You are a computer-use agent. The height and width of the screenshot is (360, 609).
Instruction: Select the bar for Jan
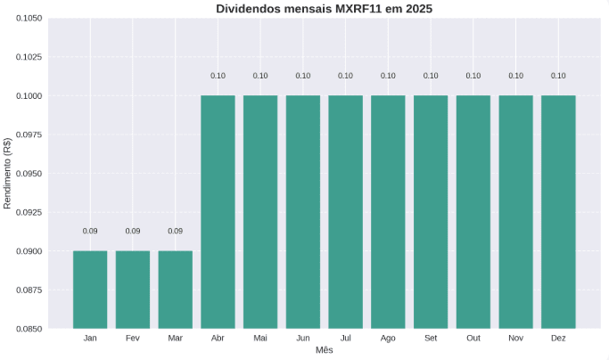tap(90, 290)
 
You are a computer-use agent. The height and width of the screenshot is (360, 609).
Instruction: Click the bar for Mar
tap(175, 290)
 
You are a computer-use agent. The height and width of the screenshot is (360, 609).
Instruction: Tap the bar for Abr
tap(218, 212)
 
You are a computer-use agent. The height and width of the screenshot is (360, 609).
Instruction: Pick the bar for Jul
tap(345, 212)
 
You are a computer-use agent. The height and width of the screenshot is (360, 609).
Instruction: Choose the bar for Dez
tap(558, 212)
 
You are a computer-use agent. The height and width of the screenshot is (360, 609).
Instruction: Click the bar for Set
tap(431, 212)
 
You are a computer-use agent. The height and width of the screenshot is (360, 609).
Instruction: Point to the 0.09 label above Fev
tap(133, 232)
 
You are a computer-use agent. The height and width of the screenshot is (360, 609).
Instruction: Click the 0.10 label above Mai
tap(260, 76)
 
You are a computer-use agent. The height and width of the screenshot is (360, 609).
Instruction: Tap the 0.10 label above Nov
tap(515, 76)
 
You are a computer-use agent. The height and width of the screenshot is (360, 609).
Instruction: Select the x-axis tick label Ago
tap(388, 339)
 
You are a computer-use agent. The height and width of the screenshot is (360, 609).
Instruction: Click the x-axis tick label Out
tap(473, 339)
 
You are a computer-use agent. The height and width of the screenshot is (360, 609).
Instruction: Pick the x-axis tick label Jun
tap(303, 339)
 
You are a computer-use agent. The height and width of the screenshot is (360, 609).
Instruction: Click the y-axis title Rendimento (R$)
tap(8, 173)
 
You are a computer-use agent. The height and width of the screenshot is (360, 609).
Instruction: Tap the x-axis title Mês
tap(325, 351)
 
